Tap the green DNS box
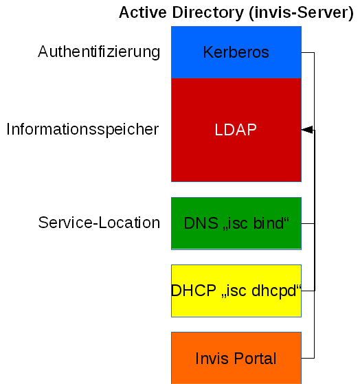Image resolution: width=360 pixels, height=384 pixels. pos(236,237)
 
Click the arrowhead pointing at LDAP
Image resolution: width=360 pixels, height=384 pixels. pos(306,130)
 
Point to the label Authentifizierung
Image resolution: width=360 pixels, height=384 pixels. pos(99,52)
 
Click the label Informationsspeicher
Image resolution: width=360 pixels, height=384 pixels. pos(82,129)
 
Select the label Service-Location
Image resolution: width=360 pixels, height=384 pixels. pos(99,223)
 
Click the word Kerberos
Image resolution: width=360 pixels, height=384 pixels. pos(236,52)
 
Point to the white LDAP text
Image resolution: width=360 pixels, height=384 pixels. pos(236,130)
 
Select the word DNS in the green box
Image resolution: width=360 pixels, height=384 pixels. pos(199,223)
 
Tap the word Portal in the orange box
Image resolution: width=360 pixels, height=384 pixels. pos(256,359)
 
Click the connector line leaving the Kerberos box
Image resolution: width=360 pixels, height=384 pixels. pos(308,52)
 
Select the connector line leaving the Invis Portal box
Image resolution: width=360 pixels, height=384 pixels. pos(308,358)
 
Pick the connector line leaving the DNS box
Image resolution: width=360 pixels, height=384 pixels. pos(308,223)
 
